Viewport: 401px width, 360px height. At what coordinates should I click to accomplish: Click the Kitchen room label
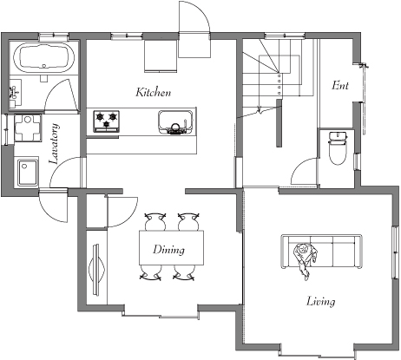[154, 92]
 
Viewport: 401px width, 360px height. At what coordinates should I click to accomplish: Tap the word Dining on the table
[168, 250]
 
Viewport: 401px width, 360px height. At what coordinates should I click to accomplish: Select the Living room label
[321, 301]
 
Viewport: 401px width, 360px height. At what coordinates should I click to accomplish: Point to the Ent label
[340, 85]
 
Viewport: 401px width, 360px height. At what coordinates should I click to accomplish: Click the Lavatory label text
[54, 144]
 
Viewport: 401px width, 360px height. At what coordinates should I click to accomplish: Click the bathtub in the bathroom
[44, 56]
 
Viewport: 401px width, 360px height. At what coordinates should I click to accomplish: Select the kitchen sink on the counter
[175, 122]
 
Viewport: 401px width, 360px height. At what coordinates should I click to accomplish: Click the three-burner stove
[107, 121]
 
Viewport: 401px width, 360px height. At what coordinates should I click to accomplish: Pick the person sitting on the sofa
[305, 258]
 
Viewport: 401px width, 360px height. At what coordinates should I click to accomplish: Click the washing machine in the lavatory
[28, 128]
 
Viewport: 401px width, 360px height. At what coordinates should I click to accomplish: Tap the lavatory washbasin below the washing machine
[28, 173]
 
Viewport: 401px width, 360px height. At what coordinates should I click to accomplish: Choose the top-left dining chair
[155, 221]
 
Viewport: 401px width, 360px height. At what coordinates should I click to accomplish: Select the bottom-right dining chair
[184, 272]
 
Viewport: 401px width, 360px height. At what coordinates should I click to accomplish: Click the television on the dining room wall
[97, 270]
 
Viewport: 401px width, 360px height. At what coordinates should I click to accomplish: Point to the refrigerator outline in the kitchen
[161, 56]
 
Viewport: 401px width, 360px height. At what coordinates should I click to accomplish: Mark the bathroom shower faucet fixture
[13, 93]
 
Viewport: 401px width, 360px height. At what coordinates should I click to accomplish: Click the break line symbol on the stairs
[260, 110]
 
